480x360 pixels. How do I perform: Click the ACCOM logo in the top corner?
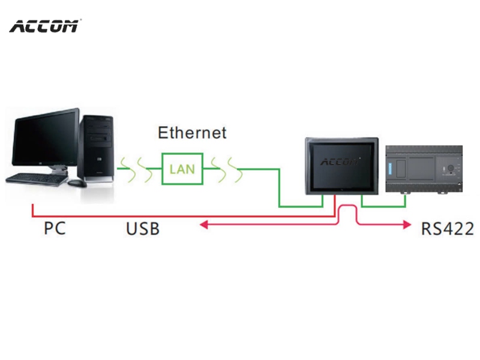[44, 26]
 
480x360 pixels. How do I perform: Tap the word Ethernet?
[192, 133]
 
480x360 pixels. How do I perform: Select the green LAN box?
[182, 169]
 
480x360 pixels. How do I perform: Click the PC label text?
[55, 229]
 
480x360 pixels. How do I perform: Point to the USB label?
[143, 229]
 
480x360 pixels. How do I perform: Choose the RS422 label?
[448, 229]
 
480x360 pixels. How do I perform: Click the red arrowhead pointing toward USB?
[203, 225]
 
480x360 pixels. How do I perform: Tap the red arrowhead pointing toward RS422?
[407, 224]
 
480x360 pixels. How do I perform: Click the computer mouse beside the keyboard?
[77, 183]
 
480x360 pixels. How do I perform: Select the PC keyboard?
[37, 179]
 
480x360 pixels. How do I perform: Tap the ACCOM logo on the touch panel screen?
[340, 161]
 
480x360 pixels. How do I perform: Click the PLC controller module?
[424, 169]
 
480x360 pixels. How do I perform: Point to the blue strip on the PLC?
[391, 169]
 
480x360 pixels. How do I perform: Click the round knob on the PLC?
[451, 168]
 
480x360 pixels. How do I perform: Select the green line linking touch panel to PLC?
[383, 206]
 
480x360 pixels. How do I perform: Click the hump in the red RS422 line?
[347, 206]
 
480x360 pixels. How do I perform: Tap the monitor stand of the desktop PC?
[59, 169]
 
